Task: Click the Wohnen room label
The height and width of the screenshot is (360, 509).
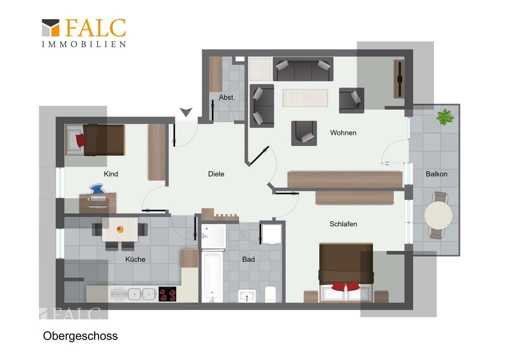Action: point(343,133)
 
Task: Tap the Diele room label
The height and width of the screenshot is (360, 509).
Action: point(216,174)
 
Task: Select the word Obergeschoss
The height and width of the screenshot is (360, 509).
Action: point(80,336)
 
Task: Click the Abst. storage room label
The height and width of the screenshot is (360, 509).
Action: point(227,97)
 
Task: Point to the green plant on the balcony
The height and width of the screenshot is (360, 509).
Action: point(445,117)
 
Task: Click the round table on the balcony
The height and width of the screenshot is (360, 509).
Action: point(438,215)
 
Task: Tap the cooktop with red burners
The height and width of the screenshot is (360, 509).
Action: point(167,294)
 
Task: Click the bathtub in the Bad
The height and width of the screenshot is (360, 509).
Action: point(212,277)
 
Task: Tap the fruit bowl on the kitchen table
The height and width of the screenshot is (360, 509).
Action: point(120,229)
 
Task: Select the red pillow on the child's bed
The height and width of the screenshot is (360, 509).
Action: point(81,140)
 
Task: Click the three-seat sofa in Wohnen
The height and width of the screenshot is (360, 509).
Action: point(303,69)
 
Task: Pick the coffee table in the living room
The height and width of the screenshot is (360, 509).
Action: point(305,98)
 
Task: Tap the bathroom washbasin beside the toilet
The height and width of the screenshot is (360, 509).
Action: point(247,296)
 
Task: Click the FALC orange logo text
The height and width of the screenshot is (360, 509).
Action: point(95,28)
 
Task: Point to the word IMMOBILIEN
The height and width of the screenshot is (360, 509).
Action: point(84,44)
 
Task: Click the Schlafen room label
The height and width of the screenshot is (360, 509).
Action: point(343,224)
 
